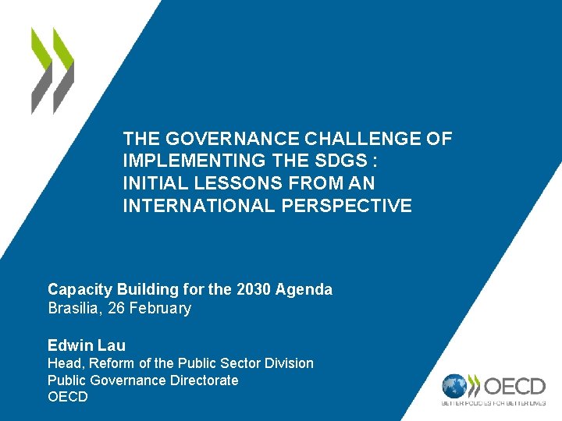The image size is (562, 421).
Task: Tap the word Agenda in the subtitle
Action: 305,289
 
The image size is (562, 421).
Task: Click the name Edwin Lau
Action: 87,345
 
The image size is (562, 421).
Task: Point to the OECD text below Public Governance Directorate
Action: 68,397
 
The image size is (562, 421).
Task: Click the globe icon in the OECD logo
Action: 455,387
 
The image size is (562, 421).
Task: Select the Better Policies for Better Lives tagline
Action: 493,403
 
